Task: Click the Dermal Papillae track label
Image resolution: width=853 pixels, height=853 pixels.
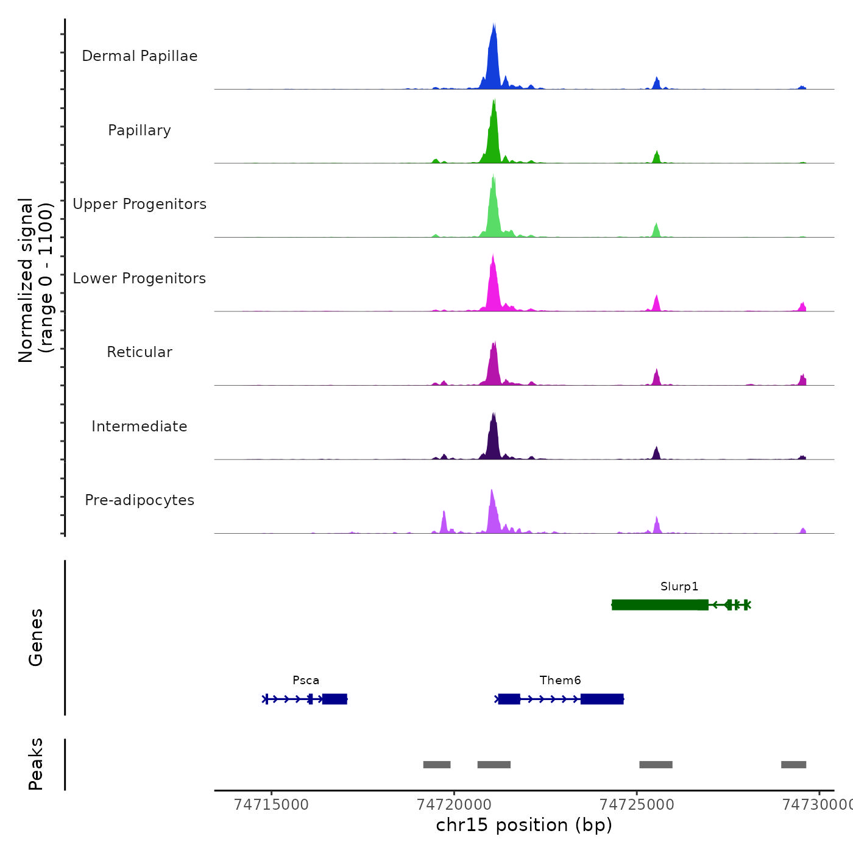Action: point(140,56)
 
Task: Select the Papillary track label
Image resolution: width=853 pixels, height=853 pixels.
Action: point(140,130)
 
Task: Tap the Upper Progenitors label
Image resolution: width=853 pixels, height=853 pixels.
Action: point(140,204)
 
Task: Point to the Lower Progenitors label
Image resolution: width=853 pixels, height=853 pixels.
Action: point(140,278)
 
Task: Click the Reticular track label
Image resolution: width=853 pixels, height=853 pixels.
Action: point(140,352)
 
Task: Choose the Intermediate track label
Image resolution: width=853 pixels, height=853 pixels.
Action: point(140,426)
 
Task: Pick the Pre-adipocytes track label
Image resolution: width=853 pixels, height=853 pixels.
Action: point(140,500)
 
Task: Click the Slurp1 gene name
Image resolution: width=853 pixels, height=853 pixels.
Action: point(679,587)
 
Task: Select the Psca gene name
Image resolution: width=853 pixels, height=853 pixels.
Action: point(306,681)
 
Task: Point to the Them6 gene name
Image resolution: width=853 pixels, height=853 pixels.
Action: point(560,681)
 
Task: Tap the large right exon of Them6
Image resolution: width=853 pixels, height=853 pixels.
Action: point(602,699)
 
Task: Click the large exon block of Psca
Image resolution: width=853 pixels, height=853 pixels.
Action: point(334,699)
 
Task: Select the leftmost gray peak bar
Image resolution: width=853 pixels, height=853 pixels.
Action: point(437,765)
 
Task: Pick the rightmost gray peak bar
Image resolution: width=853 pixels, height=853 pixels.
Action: point(793,765)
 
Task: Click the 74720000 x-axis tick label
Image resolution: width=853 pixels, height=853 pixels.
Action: point(454,805)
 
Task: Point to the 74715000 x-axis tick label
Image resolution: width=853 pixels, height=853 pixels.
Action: point(271,805)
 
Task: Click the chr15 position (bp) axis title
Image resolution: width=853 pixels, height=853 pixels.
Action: point(524,826)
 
